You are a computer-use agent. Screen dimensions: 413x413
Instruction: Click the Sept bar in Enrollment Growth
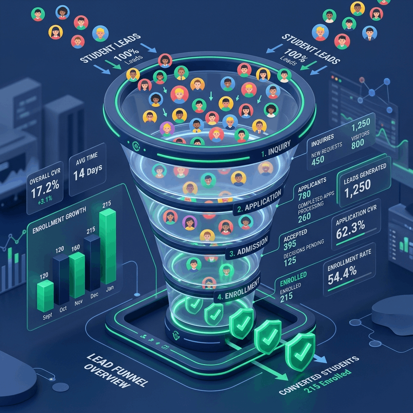click(45, 296)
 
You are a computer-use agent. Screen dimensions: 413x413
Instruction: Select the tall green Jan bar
click(108, 246)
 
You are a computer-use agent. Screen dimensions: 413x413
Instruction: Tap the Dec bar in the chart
click(92, 263)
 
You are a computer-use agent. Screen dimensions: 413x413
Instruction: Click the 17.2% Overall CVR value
click(45, 189)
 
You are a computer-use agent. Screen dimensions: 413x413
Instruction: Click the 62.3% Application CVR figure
click(350, 229)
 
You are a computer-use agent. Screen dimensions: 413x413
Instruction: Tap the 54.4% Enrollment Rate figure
click(342, 275)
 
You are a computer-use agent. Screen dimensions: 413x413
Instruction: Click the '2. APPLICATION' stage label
click(259, 202)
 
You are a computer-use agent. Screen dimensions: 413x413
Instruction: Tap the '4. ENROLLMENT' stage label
click(239, 289)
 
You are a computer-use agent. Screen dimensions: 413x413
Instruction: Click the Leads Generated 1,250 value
click(357, 189)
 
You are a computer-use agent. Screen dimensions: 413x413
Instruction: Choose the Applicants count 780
click(304, 195)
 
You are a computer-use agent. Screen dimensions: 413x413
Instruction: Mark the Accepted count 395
click(290, 246)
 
